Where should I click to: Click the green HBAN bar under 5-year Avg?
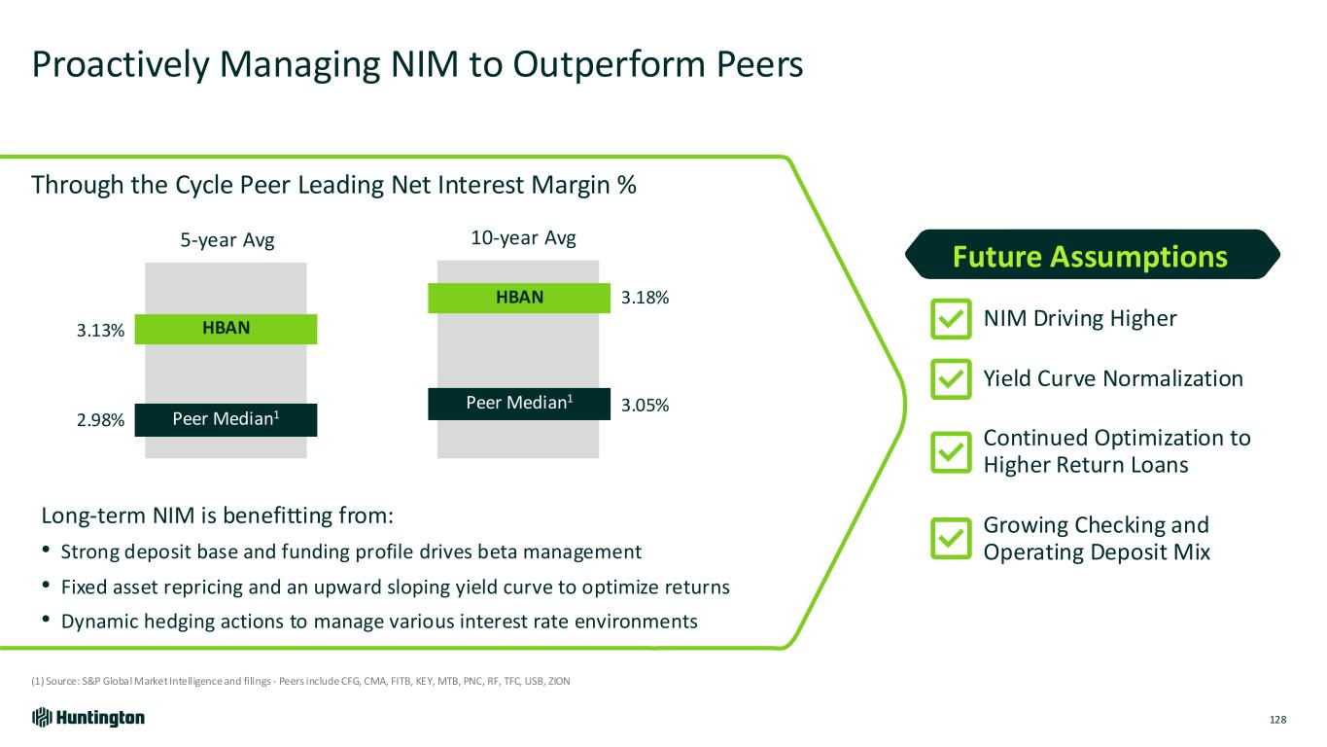click(x=226, y=329)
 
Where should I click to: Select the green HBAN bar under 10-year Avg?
click(x=519, y=298)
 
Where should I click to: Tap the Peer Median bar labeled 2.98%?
click(x=226, y=420)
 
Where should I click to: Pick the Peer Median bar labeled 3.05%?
click(x=519, y=404)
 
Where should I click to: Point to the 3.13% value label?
click(x=100, y=331)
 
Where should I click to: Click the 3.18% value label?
click(x=645, y=298)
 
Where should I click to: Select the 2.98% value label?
click(x=100, y=420)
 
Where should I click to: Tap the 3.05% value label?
click(x=645, y=406)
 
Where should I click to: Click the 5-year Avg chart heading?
click(x=227, y=240)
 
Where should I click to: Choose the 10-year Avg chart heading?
click(x=523, y=238)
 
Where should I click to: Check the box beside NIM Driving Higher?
click(x=951, y=319)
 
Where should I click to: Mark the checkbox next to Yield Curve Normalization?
click(x=951, y=379)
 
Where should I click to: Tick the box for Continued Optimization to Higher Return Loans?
click(x=951, y=452)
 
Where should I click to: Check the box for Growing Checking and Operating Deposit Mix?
click(x=951, y=538)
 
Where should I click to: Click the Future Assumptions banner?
click(x=1093, y=254)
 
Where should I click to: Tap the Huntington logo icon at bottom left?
click(x=42, y=718)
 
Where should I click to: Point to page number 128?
click(x=1277, y=720)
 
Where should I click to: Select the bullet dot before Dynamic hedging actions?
click(x=47, y=620)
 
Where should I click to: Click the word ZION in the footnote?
click(x=559, y=681)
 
